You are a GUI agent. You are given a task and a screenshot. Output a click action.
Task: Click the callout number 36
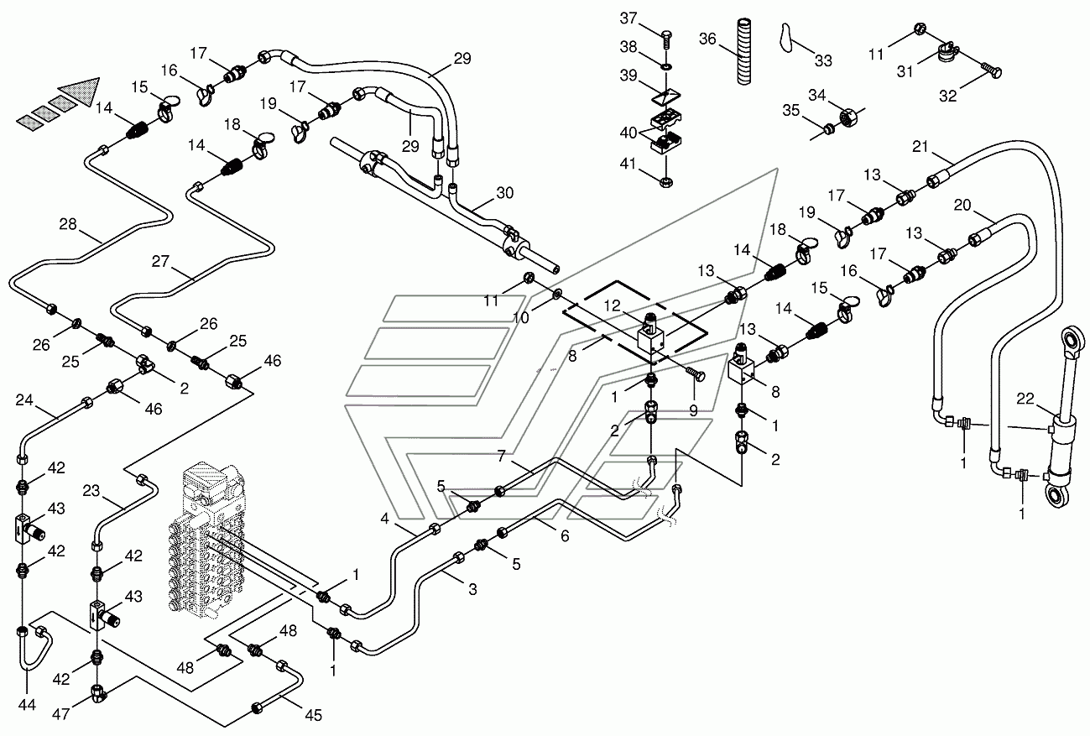tap(707, 39)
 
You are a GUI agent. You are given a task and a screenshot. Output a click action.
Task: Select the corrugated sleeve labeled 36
tap(743, 51)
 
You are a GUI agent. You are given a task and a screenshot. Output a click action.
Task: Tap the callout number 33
tap(823, 61)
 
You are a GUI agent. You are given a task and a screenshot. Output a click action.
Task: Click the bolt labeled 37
tap(667, 40)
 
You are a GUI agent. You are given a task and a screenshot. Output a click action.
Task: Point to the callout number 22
tap(1025, 399)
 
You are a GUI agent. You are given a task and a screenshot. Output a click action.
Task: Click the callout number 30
tap(504, 193)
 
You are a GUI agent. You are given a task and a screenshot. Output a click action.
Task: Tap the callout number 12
tap(613, 305)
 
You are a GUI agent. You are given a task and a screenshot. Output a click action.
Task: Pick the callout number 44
tap(27, 704)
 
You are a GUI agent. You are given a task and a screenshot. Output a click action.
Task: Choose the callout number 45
tap(313, 715)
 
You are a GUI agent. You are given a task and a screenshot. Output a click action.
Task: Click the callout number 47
tap(60, 714)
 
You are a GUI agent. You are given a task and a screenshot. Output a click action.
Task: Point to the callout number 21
tap(921, 146)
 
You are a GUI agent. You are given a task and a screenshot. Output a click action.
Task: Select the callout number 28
tap(68, 224)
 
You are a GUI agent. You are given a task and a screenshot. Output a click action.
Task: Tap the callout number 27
tap(160, 261)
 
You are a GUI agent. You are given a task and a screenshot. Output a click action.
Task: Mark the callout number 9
tap(693, 410)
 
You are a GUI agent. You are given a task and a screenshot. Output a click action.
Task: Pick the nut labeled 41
tap(666, 182)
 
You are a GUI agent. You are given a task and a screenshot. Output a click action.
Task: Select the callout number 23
tap(91, 490)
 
